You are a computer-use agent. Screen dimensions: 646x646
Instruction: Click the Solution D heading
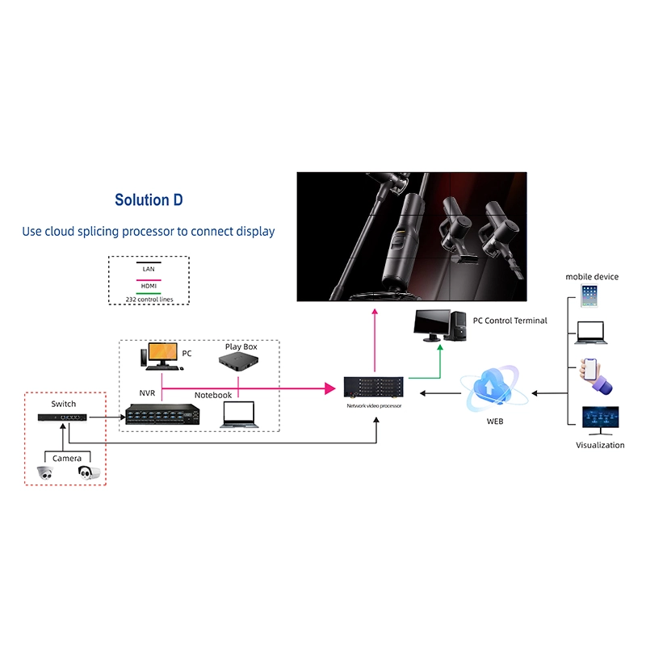tap(154, 200)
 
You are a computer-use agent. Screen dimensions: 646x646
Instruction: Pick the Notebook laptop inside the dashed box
tap(238, 413)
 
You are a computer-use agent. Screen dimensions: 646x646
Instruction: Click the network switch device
tap(63, 417)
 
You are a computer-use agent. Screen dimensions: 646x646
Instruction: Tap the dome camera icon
tap(44, 474)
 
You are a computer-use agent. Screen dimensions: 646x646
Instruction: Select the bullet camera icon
tap(89, 472)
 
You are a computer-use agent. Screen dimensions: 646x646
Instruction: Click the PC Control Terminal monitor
tap(432, 325)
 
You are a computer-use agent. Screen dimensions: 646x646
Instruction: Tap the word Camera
tap(67, 458)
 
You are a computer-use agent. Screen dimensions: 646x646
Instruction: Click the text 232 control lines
tap(149, 300)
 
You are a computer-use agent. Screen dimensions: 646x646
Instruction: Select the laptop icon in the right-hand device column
tap(590, 332)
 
